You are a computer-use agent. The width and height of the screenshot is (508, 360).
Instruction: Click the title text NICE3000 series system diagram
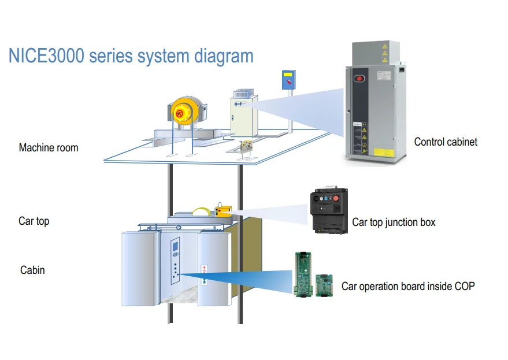click(131, 56)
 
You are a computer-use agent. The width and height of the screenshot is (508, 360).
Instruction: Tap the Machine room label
click(49, 148)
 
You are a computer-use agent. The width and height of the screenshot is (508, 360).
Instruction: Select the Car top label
click(34, 221)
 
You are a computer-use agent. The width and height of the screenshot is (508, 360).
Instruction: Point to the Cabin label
click(32, 270)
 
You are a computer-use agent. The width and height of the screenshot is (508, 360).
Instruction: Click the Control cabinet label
click(446, 142)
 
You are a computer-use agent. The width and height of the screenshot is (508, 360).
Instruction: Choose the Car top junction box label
click(394, 222)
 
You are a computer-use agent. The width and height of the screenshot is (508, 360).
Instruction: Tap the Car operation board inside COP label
click(408, 287)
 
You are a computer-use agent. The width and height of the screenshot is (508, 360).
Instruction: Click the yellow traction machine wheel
click(181, 112)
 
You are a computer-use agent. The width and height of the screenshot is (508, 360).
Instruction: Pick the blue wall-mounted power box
click(288, 79)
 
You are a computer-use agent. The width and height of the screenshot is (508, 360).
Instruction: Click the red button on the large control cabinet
click(359, 79)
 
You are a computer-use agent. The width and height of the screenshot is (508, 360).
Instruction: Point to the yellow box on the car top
click(223, 211)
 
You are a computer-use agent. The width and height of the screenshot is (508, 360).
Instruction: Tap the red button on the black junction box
click(336, 198)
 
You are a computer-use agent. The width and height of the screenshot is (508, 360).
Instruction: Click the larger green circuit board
click(303, 274)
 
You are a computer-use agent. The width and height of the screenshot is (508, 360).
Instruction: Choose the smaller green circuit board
click(324, 285)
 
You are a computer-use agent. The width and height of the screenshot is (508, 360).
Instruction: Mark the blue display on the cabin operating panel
click(175, 247)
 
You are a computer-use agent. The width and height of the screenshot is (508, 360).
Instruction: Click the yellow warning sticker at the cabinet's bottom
click(384, 153)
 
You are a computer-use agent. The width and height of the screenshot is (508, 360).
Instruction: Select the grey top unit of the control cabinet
click(376, 54)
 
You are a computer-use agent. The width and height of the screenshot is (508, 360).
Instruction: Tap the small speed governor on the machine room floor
click(245, 149)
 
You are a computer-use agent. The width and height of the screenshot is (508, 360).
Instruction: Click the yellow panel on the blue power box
click(287, 75)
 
